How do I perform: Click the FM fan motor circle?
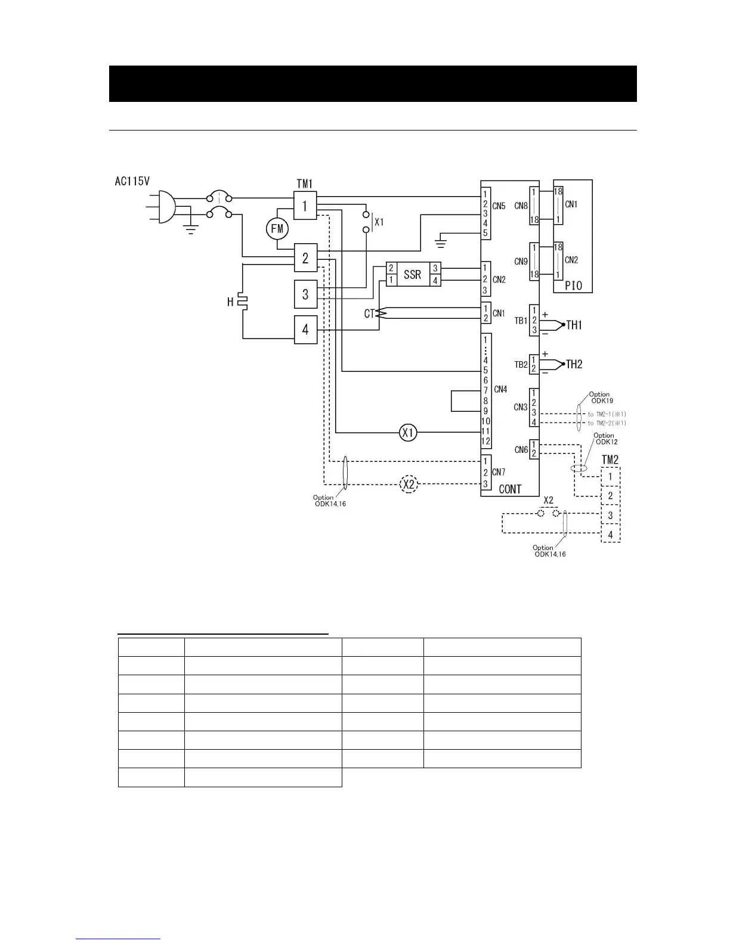(277, 228)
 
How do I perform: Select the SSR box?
(412, 274)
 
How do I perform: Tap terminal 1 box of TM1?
(305, 206)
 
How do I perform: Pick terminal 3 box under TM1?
(305, 293)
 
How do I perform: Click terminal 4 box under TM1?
(305, 328)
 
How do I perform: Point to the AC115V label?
(132, 181)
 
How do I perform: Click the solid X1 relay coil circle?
(408, 433)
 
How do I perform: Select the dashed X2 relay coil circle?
(408, 484)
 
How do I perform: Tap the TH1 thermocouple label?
(574, 325)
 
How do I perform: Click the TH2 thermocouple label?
(574, 364)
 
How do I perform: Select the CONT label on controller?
(510, 489)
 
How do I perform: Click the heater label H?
(230, 302)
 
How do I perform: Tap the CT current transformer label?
(370, 313)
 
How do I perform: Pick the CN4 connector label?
(500, 390)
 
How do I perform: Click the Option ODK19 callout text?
(601, 398)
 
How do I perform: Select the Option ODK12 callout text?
(604, 439)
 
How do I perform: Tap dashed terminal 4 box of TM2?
(610, 535)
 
